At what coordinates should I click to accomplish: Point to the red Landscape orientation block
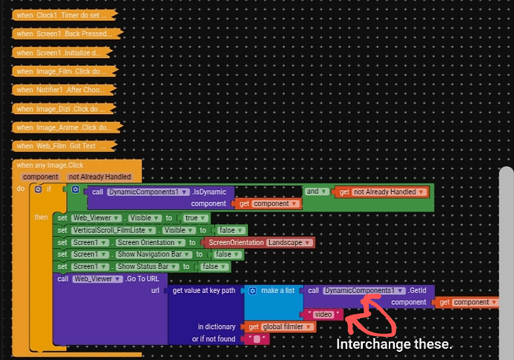(x=261, y=243)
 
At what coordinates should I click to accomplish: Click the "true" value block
(x=194, y=218)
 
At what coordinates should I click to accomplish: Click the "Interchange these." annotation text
(x=394, y=345)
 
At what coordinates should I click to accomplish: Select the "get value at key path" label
(x=205, y=290)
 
